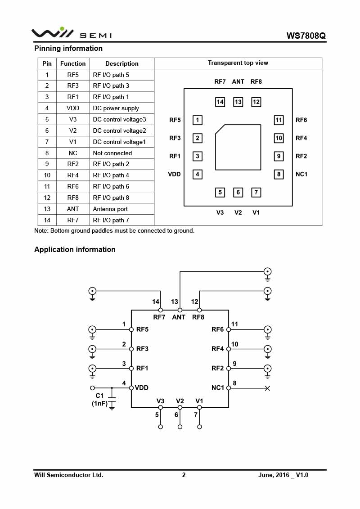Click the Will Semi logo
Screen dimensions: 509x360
click(x=71, y=33)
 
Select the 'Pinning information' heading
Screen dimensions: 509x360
click(x=68, y=48)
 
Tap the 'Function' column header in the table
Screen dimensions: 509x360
click(x=73, y=63)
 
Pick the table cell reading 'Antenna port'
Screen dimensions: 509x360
click(x=110, y=209)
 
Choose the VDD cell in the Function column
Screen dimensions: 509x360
click(x=73, y=108)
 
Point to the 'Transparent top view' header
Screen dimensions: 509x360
click(x=238, y=63)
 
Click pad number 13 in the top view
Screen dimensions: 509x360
click(x=238, y=102)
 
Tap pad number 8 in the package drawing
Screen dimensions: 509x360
click(x=279, y=174)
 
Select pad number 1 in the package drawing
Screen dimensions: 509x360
click(x=197, y=120)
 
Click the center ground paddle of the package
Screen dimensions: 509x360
click(x=238, y=147)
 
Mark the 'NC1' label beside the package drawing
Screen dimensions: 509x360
click(x=301, y=174)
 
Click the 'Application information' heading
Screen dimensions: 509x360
click(x=75, y=249)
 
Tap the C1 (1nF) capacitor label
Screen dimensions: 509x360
click(x=99, y=400)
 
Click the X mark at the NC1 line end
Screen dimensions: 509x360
click(x=267, y=388)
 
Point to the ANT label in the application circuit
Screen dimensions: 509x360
click(x=179, y=317)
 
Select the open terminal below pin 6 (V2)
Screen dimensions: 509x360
click(x=180, y=427)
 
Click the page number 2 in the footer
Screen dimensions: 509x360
click(x=184, y=475)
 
